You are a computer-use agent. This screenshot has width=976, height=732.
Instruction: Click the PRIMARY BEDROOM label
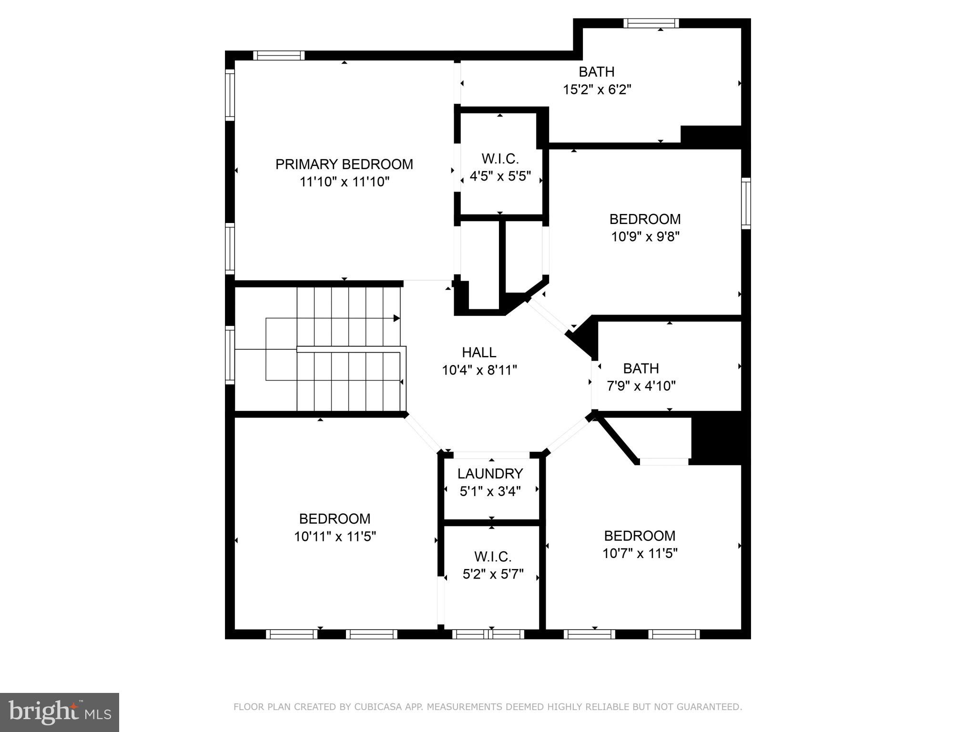pos(344,164)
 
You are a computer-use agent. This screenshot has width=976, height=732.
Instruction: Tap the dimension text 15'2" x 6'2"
pos(597,90)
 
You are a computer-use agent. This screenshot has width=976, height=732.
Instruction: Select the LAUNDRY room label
pos(490,474)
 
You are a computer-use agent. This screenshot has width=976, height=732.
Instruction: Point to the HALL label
pos(479,353)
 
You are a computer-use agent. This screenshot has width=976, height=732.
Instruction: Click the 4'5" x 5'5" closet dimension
pos(500,176)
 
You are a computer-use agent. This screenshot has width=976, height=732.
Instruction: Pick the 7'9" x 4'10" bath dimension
pos(641,386)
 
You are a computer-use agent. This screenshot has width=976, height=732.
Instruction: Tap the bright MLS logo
pos(60,712)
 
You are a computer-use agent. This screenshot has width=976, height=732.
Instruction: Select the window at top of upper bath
pos(651,23)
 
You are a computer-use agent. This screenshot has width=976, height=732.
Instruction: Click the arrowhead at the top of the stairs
pos(396,318)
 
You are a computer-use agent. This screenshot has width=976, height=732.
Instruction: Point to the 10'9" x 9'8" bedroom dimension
pos(645,237)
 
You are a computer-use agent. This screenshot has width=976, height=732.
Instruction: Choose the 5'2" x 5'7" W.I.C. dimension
pos(493,574)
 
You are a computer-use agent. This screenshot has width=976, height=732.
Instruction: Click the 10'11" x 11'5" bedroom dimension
pos(335,537)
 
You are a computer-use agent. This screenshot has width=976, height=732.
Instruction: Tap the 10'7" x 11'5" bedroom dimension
pos(640,553)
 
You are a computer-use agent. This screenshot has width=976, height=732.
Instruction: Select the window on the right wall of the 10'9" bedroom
pos(746,203)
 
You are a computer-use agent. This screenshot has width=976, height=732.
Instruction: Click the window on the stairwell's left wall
pos(230,355)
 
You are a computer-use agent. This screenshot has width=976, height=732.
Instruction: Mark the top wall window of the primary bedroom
pos(279,55)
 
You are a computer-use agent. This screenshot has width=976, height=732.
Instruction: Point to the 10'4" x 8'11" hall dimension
pos(479,370)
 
